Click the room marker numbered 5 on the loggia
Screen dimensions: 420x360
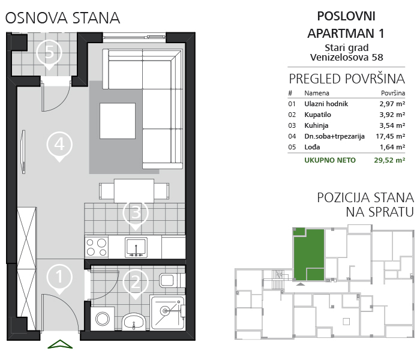pos(49,53)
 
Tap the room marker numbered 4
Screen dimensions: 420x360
pos(59,146)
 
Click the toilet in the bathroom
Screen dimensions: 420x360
pos(172,280)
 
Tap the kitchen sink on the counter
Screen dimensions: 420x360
pos(136,247)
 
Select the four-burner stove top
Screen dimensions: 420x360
pos(97,247)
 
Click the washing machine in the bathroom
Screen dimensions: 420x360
pos(103,319)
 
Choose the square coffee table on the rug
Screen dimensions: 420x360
pos(118,121)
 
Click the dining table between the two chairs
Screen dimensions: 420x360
pos(134,191)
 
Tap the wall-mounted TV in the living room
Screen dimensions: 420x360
pos(23,152)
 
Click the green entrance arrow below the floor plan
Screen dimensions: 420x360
pos(60,344)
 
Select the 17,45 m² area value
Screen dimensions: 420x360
pos(390,136)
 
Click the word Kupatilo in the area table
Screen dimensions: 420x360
pos(317,115)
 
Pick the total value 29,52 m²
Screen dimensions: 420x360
pos(389,160)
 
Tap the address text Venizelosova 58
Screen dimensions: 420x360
pos(347,58)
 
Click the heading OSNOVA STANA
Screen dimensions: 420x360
pos(62,18)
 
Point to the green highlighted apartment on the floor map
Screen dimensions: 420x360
pos(309,254)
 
